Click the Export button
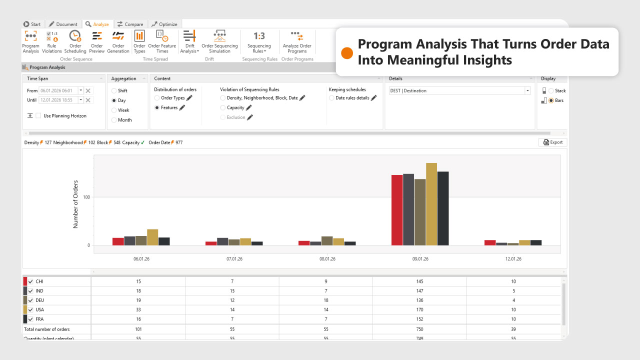[552, 142]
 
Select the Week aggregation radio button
[114, 110]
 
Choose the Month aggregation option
[114, 120]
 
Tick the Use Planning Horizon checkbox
[38, 116]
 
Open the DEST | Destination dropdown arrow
[527, 91]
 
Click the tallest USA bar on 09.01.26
[431, 204]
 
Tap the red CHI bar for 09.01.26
[397, 210]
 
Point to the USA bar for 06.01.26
[152, 237]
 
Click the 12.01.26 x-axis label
[513, 259]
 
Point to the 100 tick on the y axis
[86, 197]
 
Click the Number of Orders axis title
[76, 204]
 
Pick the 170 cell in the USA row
[419, 310]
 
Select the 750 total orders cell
[419, 329]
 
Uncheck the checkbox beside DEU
[31, 300]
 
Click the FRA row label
[39, 319]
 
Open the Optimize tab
[165, 24]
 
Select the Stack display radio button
[551, 91]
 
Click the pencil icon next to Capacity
[249, 107]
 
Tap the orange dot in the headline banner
[347, 53]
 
